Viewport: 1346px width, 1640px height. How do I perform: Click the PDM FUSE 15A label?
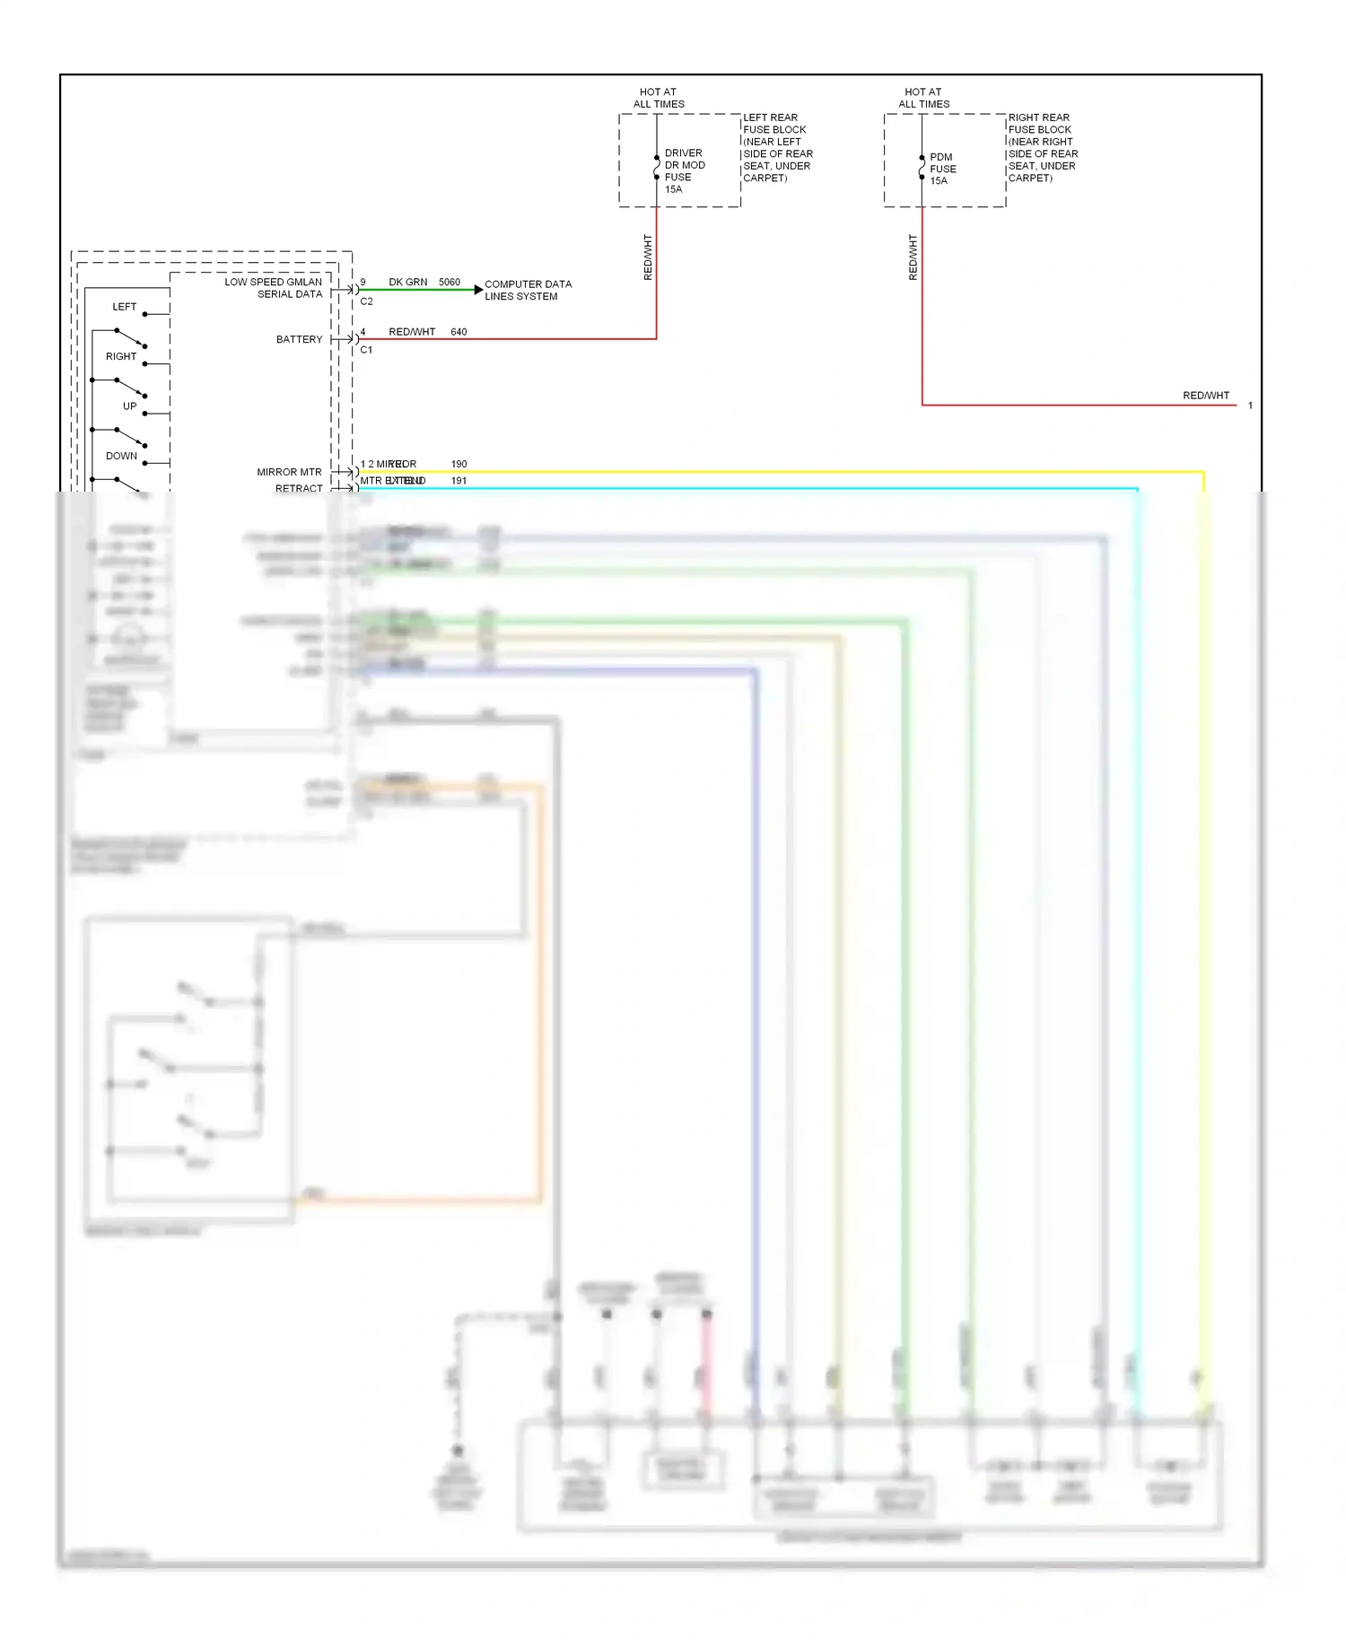point(942,169)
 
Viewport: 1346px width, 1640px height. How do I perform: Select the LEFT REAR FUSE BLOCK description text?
point(777,147)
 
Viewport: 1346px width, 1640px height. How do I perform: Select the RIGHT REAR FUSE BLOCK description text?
point(1042,147)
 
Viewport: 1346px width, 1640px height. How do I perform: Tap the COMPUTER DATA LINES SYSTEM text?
point(527,290)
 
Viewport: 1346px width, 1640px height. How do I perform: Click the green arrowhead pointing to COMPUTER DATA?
point(477,290)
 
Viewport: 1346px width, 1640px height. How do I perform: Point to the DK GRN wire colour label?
point(407,282)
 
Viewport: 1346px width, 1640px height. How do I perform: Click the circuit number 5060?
point(449,282)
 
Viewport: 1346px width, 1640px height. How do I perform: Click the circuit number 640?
point(459,332)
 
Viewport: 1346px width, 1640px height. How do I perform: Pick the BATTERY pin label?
point(299,339)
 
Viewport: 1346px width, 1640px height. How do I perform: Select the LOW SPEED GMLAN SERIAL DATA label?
point(273,288)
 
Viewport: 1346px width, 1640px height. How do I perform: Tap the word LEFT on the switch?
point(124,307)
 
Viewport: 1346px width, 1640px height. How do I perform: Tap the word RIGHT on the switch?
point(121,356)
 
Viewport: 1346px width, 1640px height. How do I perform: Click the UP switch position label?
point(129,406)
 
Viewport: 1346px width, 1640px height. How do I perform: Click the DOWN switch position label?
point(121,456)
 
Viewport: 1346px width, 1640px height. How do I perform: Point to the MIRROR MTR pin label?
point(289,472)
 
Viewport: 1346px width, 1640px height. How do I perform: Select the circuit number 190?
point(459,464)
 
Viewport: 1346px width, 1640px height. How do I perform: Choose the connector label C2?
point(366,301)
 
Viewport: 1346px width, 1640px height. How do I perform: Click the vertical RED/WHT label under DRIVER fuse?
point(648,257)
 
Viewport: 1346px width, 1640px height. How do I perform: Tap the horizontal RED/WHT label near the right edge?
point(1205,396)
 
